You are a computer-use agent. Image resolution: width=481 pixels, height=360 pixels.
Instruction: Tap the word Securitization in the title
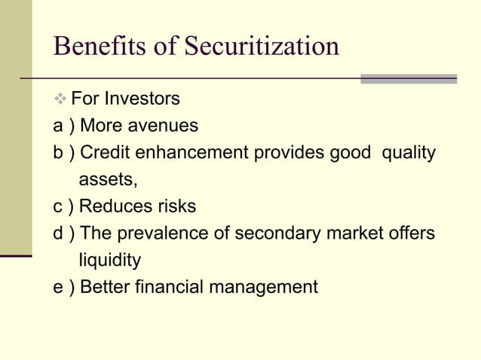[262, 47]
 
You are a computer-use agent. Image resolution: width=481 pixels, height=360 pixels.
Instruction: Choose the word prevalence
[161, 234]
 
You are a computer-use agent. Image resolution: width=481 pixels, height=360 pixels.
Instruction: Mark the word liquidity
[110, 261]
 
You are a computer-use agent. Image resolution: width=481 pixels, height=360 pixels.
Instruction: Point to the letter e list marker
[58, 288]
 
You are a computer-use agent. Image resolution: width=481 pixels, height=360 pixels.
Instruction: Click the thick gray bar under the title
[409, 78]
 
